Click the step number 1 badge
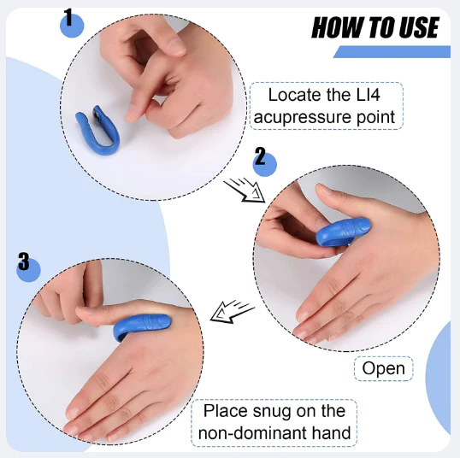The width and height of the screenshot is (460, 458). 71,22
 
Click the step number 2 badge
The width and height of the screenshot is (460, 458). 264,161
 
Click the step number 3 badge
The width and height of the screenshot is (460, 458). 28,267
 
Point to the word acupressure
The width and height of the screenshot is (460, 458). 308,115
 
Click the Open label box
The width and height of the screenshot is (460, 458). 384,369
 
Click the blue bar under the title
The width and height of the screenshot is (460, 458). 392,52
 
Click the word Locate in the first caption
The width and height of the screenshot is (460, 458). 295,95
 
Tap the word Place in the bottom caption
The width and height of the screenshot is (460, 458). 224,411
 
